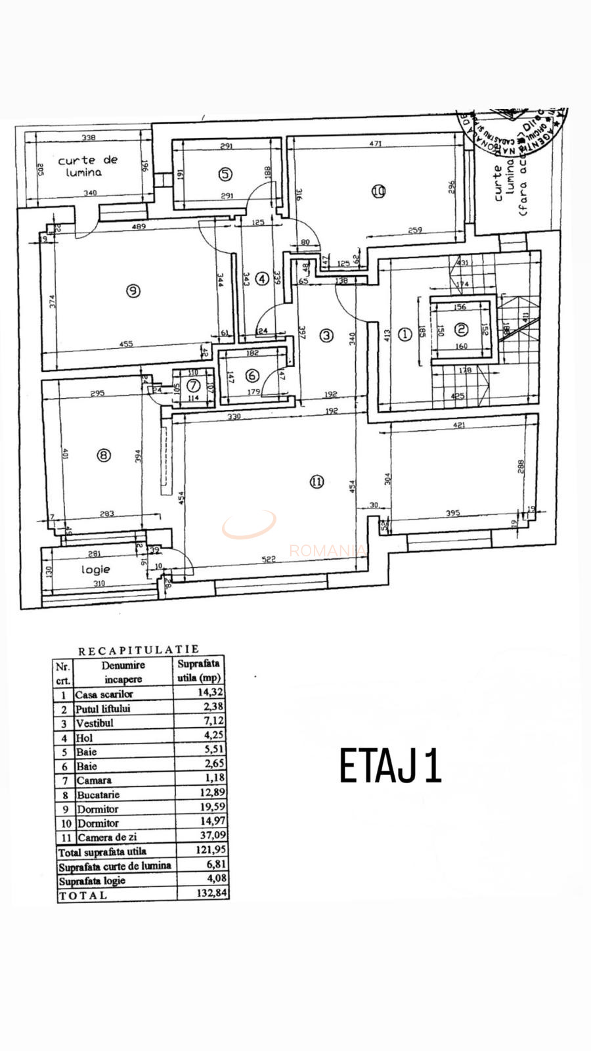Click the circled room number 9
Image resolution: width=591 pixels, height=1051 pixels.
133,290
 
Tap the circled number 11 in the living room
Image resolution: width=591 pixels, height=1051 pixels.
317,481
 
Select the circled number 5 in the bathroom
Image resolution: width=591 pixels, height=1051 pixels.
225,174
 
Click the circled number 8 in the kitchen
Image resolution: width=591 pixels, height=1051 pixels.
104,454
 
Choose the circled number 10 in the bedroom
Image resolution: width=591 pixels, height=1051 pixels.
378,191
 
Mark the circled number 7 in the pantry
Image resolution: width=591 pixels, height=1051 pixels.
193,386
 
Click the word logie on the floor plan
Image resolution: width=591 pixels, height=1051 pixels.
95,570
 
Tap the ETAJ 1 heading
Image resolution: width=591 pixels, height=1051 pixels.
390,766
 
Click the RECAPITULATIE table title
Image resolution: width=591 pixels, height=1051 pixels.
138,651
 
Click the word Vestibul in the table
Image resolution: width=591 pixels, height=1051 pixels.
95,723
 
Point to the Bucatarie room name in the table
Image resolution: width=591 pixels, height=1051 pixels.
98,795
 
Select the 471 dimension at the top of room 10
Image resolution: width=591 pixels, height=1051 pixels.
375,143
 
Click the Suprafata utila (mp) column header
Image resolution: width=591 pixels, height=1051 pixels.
199,670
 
